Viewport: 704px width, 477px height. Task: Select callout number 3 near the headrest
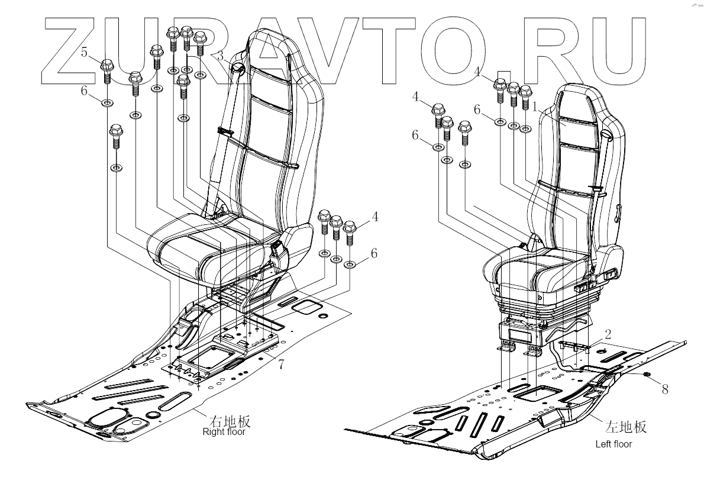point(221,57)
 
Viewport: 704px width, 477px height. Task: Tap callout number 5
point(84,53)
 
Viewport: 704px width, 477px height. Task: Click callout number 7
point(281,365)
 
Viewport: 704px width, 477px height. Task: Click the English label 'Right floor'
point(224,432)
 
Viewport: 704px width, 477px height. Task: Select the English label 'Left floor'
point(613,444)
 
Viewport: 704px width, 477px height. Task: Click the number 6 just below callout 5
point(84,91)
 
